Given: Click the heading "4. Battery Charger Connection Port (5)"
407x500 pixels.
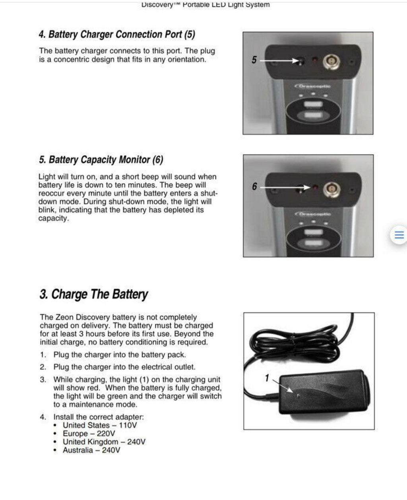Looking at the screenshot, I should point(117,35).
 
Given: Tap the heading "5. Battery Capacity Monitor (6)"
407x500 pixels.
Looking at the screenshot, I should point(101,160).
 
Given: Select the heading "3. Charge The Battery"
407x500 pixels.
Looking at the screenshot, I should point(93,295).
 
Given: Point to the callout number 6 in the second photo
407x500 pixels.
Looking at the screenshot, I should point(254,186).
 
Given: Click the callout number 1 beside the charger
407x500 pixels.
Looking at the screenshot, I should point(267,378).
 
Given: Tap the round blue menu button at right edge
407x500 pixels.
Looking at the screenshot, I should point(399,235).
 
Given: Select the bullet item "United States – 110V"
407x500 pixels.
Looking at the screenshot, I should point(100,425).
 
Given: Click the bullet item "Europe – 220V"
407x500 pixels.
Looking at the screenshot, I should point(89,434).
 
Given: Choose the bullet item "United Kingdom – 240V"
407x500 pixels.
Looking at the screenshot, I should point(104,442).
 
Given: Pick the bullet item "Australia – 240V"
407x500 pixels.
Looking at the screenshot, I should point(91,450).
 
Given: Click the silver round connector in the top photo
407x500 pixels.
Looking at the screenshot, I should point(331,61).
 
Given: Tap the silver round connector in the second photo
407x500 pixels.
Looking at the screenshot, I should point(331,188).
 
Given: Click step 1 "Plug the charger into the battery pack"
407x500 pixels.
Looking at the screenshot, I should point(119,355).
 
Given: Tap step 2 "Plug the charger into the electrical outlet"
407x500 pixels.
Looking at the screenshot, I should point(124,367).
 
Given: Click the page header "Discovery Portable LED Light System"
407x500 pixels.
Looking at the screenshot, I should point(205,5).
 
